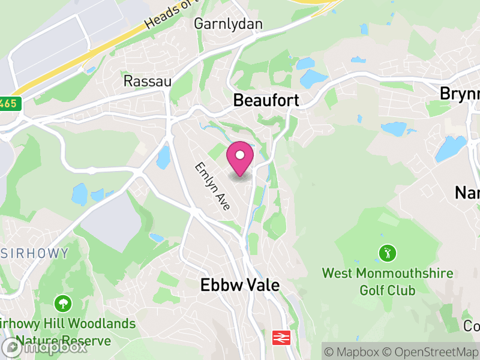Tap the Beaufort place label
[x=266, y=100]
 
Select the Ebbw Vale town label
[x=240, y=286]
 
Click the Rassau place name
[x=147, y=81]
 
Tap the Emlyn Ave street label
[x=212, y=185]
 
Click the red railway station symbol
[x=280, y=337]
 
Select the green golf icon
[x=388, y=253]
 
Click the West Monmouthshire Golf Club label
[x=388, y=282]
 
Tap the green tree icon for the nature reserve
[x=61, y=302]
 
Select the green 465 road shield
[x=11, y=104]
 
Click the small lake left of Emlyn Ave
[x=163, y=158]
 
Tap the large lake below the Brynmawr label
[x=451, y=148]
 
